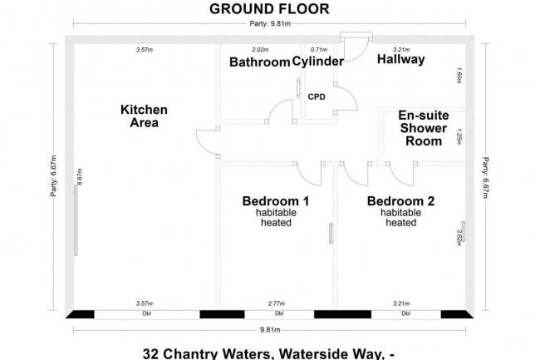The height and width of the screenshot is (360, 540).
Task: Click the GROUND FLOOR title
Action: point(269,9)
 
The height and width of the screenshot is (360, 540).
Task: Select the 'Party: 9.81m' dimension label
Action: point(269,27)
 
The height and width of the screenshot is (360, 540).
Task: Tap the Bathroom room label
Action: point(259,62)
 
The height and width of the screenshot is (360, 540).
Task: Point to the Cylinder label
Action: point(317,62)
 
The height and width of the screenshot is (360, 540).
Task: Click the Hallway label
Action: point(400,60)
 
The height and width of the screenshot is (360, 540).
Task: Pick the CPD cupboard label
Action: point(317,96)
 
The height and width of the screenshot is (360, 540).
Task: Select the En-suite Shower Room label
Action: point(421,128)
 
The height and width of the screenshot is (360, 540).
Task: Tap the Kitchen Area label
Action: point(144,116)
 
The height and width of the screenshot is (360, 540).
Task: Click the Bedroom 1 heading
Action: point(275,201)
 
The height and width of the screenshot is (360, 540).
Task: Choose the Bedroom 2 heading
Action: point(400,201)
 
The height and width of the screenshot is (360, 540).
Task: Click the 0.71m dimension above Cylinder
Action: point(317,50)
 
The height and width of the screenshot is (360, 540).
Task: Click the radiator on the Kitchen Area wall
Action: point(76,219)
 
